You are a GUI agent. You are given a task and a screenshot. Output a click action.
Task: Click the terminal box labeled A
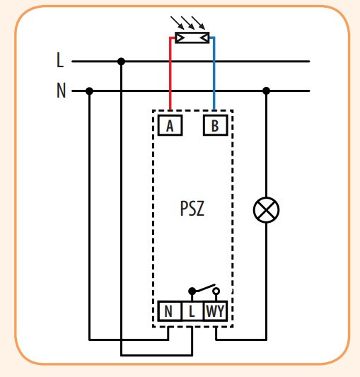[x=170, y=126]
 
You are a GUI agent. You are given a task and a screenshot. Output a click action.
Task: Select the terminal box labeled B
[x=214, y=126]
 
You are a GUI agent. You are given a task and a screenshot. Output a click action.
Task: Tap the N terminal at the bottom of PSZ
[x=169, y=311]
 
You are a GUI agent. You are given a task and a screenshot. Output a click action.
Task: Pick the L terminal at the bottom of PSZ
[x=192, y=311]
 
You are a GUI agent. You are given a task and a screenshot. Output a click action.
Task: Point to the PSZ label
[x=191, y=210]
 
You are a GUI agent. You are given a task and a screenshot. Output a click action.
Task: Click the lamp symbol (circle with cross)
[x=267, y=209]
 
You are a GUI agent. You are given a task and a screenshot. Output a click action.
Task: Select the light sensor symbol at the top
[x=192, y=37]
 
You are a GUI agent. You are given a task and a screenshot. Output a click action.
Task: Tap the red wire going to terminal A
[x=170, y=78]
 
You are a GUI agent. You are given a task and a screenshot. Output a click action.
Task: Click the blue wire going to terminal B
[x=214, y=78]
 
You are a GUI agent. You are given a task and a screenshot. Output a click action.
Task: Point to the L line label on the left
[x=60, y=61]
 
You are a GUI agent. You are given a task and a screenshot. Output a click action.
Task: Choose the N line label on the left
[x=60, y=91]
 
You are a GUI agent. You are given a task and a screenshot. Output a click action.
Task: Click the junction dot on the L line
[x=121, y=62]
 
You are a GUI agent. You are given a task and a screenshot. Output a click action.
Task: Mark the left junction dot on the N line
[x=89, y=91]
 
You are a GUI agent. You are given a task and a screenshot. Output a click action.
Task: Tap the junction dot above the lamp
[x=267, y=91]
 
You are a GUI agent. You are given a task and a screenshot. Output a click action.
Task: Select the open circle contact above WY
[x=216, y=291]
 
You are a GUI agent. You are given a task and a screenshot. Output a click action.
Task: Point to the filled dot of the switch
[x=192, y=291]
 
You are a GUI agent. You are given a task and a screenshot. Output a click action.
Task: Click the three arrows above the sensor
[x=192, y=22]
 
